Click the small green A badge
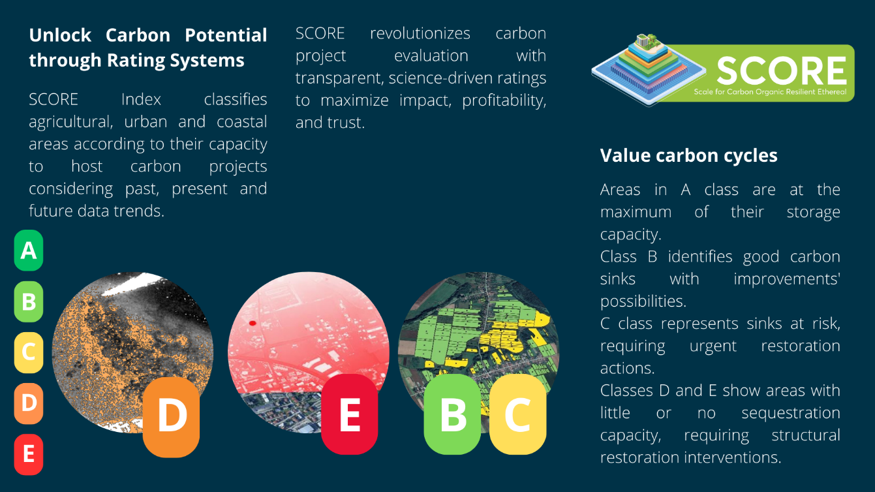pyautogui.click(x=29, y=251)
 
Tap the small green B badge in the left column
pyautogui.click(x=29, y=301)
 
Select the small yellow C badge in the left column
pyautogui.click(x=29, y=352)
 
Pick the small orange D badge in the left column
pyautogui.click(x=29, y=403)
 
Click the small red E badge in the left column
pyautogui.click(x=29, y=455)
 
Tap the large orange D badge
pyautogui.click(x=171, y=416)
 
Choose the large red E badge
pyautogui.click(x=350, y=414)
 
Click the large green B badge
pyautogui.click(x=452, y=414)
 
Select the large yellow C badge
pyautogui.click(x=517, y=414)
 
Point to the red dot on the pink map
pyautogui.click(x=253, y=323)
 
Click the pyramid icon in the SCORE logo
pyautogui.click(x=649, y=70)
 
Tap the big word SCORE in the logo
pyautogui.click(x=782, y=70)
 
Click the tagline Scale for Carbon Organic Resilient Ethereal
pyautogui.click(x=770, y=92)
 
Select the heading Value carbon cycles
pyautogui.click(x=688, y=155)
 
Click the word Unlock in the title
pyautogui.click(x=60, y=35)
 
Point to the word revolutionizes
pyautogui.click(x=420, y=33)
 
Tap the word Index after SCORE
pyautogui.click(x=141, y=99)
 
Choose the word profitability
pyautogui.click(x=504, y=101)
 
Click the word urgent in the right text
pyautogui.click(x=713, y=346)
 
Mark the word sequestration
pyautogui.click(x=791, y=413)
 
